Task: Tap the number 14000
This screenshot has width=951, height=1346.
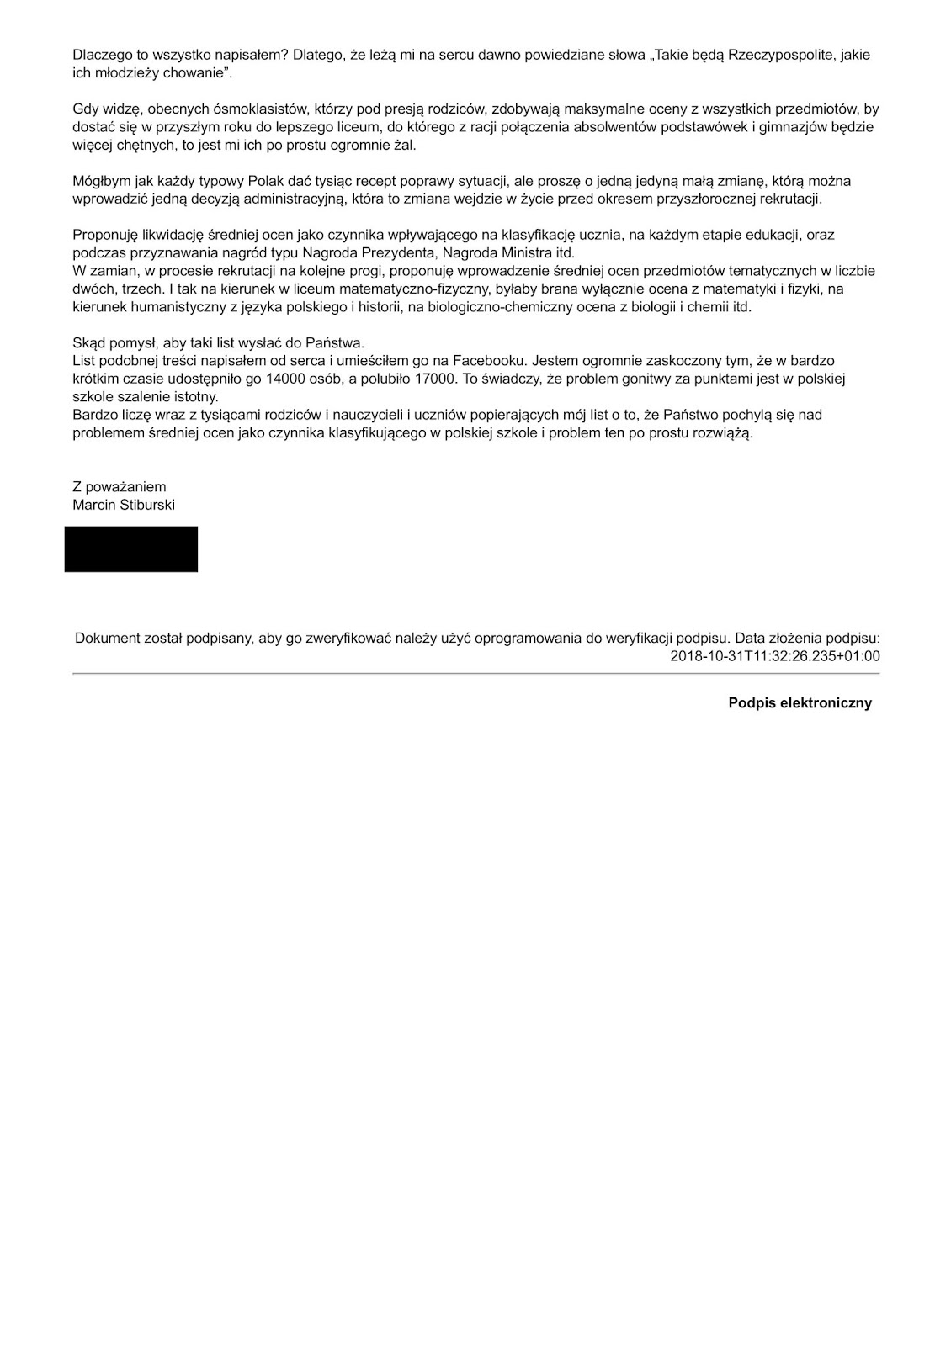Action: [x=285, y=379]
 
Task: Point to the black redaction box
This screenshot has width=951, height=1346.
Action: [x=131, y=549]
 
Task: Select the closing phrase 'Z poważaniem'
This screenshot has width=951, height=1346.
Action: [x=120, y=487]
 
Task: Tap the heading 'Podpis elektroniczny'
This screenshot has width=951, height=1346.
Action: [x=800, y=703]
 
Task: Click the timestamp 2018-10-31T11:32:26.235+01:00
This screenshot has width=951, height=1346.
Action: [x=775, y=656]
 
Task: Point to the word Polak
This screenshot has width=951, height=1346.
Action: [x=267, y=181]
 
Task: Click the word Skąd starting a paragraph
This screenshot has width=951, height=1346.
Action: [x=88, y=342]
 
